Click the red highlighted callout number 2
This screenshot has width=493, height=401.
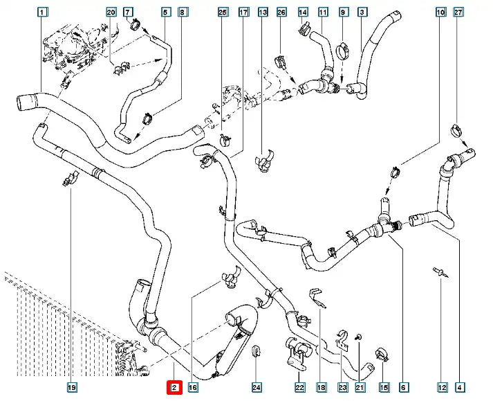click(x=175, y=389)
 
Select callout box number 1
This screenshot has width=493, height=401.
click(x=43, y=12)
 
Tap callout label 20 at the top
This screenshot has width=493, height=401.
click(x=112, y=12)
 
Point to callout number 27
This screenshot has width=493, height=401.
click(x=458, y=12)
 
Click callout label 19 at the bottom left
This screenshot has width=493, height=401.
click(x=72, y=389)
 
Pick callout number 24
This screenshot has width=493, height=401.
click(x=257, y=389)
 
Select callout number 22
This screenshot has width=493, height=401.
click(x=299, y=389)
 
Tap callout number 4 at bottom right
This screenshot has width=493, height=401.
click(x=461, y=389)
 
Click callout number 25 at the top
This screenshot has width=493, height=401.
click(x=222, y=12)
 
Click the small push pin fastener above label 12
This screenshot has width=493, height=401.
click(x=439, y=274)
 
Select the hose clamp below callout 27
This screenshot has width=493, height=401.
click(x=458, y=128)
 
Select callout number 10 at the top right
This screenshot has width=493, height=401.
click(x=441, y=12)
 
